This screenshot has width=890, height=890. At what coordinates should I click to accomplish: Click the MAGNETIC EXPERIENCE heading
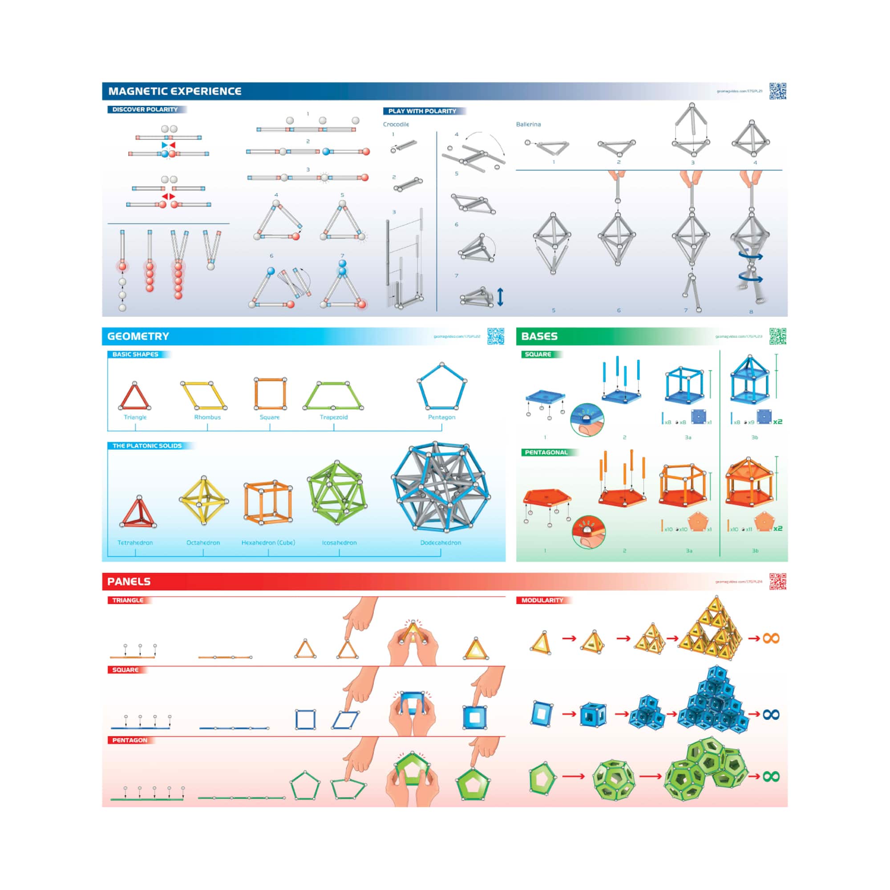click(x=174, y=91)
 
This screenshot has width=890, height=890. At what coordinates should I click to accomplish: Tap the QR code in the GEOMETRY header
click(x=496, y=336)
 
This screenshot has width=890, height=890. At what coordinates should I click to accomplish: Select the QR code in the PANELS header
click(x=777, y=581)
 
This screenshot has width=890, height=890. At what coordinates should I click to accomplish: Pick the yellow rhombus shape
click(x=204, y=395)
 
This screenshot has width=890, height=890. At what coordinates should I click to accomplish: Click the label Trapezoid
click(x=333, y=417)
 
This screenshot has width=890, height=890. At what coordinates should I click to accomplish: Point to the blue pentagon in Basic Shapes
click(x=442, y=387)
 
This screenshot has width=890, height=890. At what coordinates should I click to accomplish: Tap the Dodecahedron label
click(x=441, y=542)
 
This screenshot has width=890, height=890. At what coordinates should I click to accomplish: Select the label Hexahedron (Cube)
click(x=268, y=542)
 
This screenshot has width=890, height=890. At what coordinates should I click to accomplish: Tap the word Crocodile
click(x=396, y=125)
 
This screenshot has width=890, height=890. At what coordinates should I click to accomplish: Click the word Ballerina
click(x=528, y=125)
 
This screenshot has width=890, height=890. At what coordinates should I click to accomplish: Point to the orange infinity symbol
click(x=771, y=639)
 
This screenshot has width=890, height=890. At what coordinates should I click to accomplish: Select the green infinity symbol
click(x=771, y=777)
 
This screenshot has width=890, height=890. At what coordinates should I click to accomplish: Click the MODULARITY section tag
click(x=542, y=600)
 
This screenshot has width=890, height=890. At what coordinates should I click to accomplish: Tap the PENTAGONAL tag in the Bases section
click(x=546, y=453)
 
